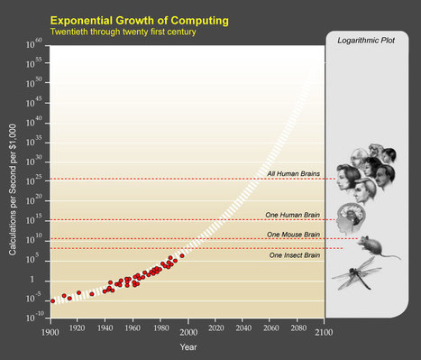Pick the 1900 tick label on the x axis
pos(50,329)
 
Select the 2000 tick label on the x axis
pos(187,329)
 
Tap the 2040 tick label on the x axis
pos(241,329)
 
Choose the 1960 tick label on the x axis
pos(133,329)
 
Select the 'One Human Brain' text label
pos(292,214)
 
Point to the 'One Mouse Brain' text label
pos(293,234)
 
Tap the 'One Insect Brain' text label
pos(294,256)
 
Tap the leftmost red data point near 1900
pos(52,300)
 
